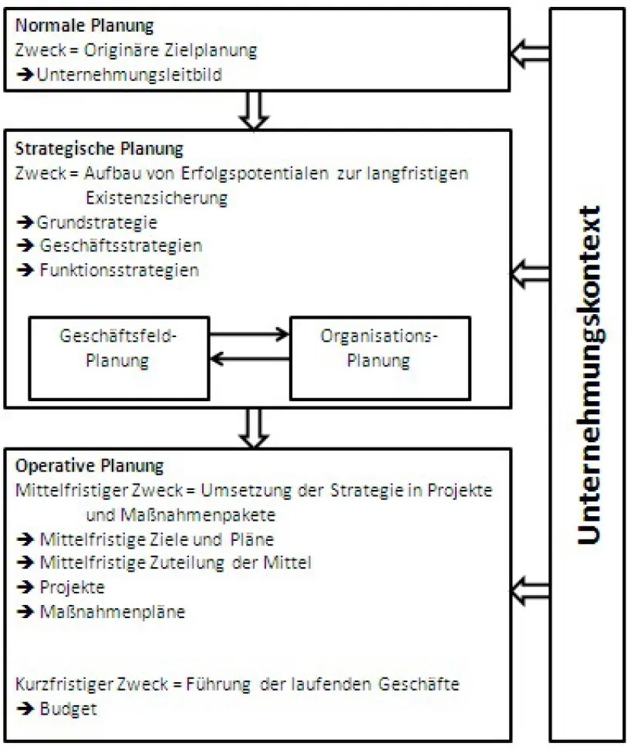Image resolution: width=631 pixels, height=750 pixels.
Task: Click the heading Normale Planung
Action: pos(85,26)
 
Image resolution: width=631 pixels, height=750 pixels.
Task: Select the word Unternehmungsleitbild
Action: pos(119,75)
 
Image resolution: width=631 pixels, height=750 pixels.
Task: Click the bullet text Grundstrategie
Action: pos(97,222)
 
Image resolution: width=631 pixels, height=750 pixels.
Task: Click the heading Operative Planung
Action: pos(90,466)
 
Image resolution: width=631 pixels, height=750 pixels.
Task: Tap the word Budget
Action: pos(69,709)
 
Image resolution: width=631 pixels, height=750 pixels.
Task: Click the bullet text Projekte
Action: pos(72,587)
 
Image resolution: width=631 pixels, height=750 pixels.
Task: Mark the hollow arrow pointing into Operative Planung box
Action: pos(531,588)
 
